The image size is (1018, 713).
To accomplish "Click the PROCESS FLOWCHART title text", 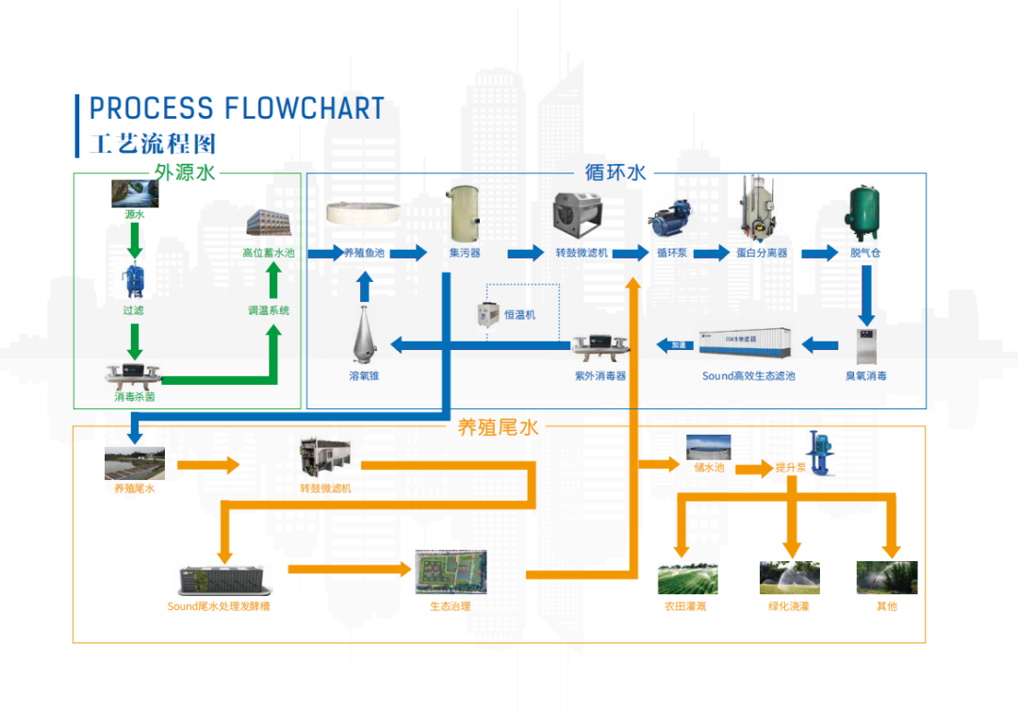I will click(x=237, y=108).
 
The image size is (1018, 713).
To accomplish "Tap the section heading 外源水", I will click(x=186, y=173).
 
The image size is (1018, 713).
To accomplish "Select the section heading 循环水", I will click(x=615, y=173).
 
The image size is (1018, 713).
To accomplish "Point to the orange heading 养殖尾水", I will click(x=497, y=427).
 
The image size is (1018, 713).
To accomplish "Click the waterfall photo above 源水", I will click(x=135, y=192).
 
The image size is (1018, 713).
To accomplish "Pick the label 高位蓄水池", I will click(x=269, y=253).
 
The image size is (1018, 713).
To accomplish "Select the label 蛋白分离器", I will click(x=763, y=253).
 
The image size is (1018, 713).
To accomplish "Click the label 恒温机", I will click(x=519, y=315).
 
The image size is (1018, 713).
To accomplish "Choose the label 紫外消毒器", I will click(x=600, y=375).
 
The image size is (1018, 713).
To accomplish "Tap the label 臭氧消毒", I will click(x=865, y=375).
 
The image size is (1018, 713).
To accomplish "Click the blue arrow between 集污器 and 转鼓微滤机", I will click(x=526, y=253).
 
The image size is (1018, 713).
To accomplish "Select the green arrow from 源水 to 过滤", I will click(x=135, y=241).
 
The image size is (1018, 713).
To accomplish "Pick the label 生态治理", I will click(x=451, y=606).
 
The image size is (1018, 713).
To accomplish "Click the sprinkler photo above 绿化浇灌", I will click(x=789, y=577).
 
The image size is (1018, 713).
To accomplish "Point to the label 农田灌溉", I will click(x=685, y=606).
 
